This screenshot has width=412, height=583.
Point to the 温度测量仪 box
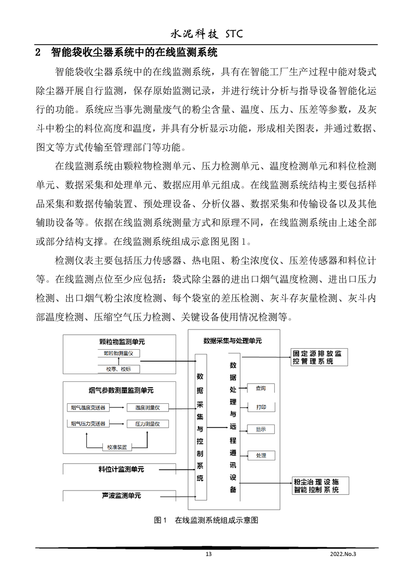[148, 407]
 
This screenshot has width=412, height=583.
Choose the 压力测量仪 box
[148, 424]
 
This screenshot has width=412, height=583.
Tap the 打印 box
[261, 407]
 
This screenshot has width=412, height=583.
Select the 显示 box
[261, 429]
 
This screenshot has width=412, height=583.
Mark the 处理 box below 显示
[261, 455]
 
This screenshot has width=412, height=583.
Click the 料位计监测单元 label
[121, 469]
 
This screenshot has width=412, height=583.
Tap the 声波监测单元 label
[121, 496]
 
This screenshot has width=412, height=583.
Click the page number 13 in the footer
[209, 554]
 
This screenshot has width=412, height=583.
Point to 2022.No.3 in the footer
[344, 554]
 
